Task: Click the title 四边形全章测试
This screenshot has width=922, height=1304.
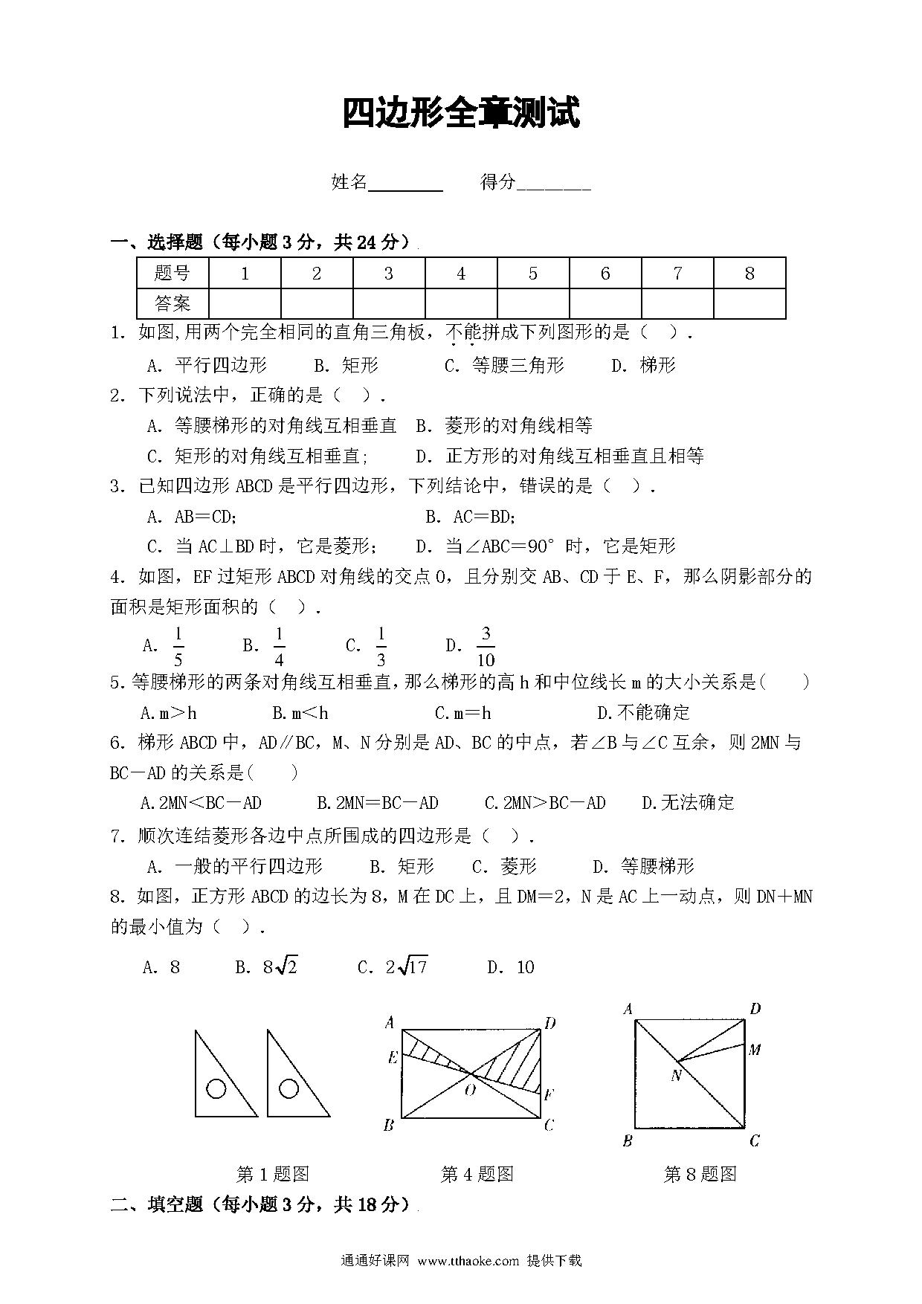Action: point(460,114)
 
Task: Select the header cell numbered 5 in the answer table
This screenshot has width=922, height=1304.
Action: point(532,274)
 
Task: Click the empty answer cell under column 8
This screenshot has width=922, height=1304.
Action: point(749,303)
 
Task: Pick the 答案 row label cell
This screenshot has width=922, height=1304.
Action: point(173,303)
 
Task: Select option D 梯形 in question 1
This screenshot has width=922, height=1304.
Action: point(644,365)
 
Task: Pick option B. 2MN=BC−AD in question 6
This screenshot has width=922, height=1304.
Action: point(378,803)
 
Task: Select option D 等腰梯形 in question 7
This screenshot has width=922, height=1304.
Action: point(643,866)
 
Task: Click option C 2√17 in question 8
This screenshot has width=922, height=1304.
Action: point(393,967)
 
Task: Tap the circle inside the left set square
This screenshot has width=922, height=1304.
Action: point(216,1089)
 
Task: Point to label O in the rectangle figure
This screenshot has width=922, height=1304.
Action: point(470,1090)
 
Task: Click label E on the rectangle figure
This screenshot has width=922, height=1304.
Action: point(393,1057)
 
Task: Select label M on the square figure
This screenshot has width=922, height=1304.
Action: point(755,1050)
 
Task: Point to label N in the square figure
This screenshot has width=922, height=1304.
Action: point(676,1075)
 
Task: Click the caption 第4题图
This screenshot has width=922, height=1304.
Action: point(477,1175)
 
